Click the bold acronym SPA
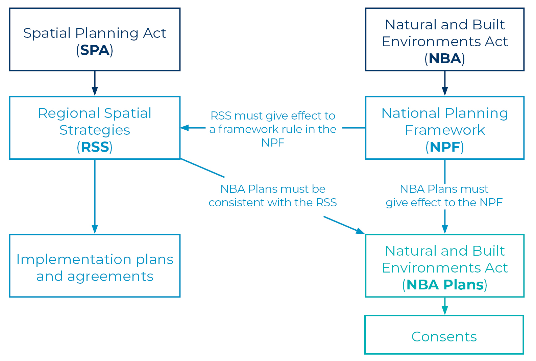point(95,50)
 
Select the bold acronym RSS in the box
point(95,147)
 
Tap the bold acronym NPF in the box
point(445,147)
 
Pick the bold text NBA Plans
point(445,285)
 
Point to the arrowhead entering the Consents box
point(445,310)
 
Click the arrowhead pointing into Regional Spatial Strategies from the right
point(185,128)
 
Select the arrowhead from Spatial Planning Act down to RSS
point(95,91)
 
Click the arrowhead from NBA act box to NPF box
point(445,91)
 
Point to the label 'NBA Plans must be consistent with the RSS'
point(273,196)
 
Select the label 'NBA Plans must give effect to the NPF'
point(444,196)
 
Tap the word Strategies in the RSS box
point(95,130)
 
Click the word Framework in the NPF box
point(445,130)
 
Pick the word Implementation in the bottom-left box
point(74,260)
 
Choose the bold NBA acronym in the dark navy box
point(445,58)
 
